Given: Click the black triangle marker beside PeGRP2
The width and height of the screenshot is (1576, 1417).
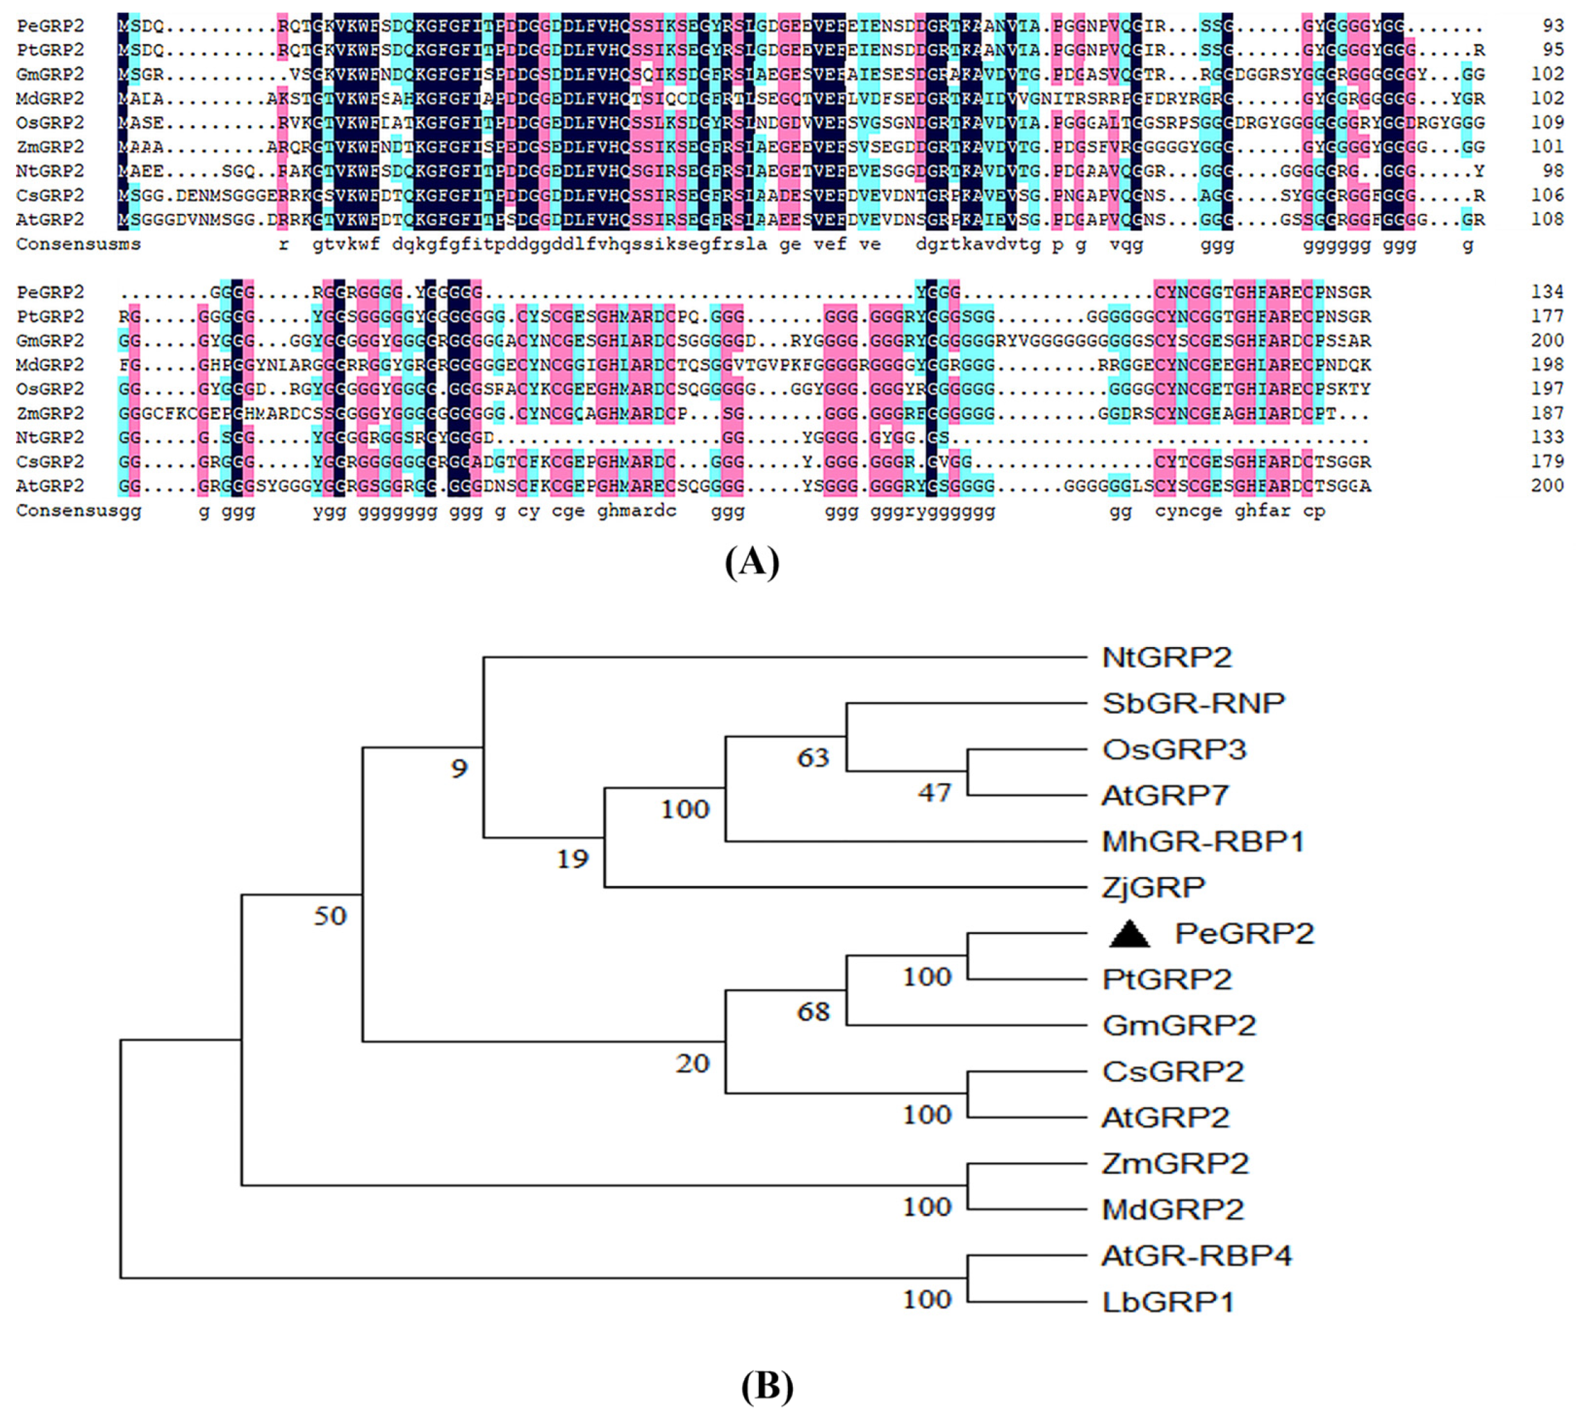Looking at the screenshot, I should [x=1129, y=933].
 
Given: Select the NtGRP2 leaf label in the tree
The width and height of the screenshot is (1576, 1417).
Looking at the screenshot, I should [x=1167, y=658].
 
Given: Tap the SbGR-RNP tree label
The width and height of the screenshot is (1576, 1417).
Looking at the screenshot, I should [x=1193, y=704].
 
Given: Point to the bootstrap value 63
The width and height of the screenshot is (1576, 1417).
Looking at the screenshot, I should [x=813, y=757].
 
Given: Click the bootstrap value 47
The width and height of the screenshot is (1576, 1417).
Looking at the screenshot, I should [x=935, y=792].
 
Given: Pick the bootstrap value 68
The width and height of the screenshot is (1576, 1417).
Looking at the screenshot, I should [x=813, y=1012].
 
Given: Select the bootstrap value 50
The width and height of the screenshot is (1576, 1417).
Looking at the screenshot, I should [x=330, y=917].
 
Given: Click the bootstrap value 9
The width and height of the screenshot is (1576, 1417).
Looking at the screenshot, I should [x=459, y=769].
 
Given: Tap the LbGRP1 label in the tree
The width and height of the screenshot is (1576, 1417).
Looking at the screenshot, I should [x=1168, y=1302].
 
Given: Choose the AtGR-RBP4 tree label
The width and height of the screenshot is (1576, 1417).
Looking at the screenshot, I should [x=1196, y=1256].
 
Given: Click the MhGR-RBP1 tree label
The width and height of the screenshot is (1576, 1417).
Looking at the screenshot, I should [x=1202, y=842].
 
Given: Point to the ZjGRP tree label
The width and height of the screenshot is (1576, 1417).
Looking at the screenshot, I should [x=1154, y=887].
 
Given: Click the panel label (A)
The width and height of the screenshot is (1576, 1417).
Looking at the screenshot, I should [x=751, y=562].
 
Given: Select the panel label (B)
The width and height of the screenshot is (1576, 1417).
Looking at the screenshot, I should [x=767, y=1386].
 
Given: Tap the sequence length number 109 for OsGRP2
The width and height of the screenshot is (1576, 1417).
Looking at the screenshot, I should [x=1546, y=122].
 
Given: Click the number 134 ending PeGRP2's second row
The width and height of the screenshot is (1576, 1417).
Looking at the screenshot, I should [x=1546, y=292].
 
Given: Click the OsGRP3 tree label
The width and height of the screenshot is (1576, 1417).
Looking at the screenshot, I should [x=1174, y=750].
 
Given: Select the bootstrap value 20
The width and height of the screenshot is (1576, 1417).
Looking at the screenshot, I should [x=692, y=1063].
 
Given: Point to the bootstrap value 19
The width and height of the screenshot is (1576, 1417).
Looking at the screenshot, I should [x=573, y=860].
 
